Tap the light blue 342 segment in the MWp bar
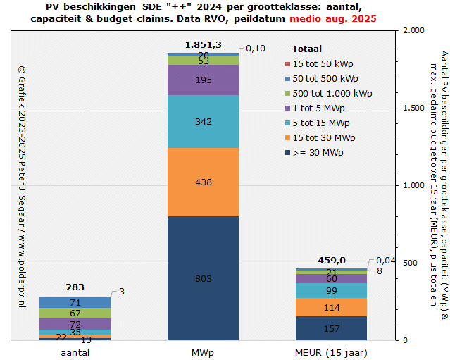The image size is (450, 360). pos(204,121)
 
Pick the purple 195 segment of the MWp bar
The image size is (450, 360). pos(204,80)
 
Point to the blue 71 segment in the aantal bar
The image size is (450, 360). pos(75,302)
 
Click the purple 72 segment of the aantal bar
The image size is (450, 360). pos(75,323)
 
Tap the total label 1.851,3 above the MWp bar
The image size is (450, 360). pos(204,45)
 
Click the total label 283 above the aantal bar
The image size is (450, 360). pos(75,287)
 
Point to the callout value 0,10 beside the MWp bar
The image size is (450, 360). pos(256,48)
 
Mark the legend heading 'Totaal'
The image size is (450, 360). pos(307,49)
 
